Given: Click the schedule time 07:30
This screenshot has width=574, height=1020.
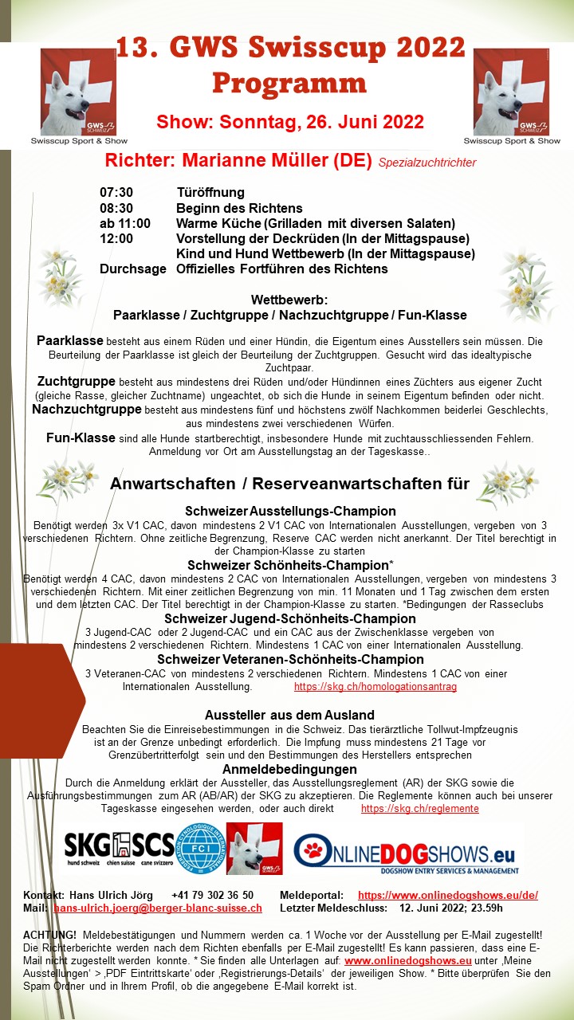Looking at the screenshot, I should click(x=116, y=193).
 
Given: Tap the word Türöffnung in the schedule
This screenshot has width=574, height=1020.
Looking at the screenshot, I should click(x=210, y=193).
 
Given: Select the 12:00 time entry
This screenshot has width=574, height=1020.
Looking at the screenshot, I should click(x=116, y=238).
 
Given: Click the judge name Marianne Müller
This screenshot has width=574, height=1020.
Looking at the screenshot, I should click(x=277, y=160).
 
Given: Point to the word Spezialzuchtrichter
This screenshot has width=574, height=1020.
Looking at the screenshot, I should click(x=427, y=163).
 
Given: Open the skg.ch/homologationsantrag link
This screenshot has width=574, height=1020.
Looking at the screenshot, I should click(x=375, y=686).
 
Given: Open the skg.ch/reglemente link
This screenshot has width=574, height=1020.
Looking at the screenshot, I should click(x=420, y=808).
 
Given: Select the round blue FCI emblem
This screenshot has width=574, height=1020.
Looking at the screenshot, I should click(x=200, y=849).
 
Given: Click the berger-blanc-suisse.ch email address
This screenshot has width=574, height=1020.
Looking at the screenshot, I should click(x=158, y=908).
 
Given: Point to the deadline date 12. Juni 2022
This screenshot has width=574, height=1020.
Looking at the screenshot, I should click(x=438, y=908).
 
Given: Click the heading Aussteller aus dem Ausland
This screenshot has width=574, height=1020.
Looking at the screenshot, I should click(x=289, y=715).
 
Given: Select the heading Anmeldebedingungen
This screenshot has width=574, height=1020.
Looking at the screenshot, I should click(x=289, y=769).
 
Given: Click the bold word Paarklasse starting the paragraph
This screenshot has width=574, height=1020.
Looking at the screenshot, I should click(x=70, y=340).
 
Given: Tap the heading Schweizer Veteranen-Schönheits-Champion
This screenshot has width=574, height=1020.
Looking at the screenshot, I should click(x=290, y=659).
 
